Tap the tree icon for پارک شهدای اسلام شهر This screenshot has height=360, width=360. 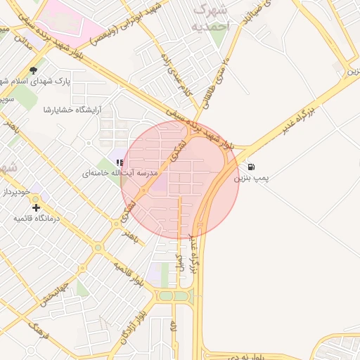pos(33,70)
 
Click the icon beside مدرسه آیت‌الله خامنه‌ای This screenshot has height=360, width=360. pos(120,162)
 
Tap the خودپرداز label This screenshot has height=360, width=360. pos(18,191)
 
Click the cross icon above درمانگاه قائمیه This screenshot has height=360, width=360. pos(36,207)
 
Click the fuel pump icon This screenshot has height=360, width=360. pos(251,167)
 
